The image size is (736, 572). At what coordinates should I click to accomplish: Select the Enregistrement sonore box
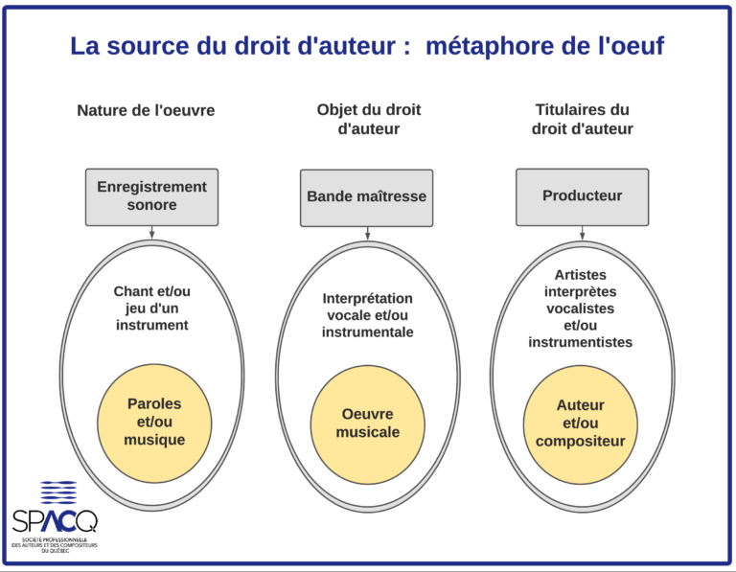151,197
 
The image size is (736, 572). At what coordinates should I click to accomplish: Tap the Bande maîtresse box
367,197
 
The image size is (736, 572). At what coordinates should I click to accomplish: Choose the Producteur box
582,197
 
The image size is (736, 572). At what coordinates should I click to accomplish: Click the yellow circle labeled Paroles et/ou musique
154,423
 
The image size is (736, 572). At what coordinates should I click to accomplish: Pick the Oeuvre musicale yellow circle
368,424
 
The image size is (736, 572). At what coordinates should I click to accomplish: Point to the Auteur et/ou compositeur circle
580,424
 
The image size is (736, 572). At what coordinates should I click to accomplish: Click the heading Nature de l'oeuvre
146,111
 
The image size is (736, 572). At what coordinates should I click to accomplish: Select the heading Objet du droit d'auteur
368,119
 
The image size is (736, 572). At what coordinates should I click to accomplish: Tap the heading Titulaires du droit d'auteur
582,119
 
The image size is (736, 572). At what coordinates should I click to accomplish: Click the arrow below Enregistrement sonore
151,232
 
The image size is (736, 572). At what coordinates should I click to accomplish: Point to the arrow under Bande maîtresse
368,233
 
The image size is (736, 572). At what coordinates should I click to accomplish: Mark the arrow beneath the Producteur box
582,233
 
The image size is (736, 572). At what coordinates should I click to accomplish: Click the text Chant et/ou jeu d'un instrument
152,309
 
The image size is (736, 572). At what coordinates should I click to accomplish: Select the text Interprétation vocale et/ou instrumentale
368,315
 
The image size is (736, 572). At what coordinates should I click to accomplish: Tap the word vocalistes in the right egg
580,309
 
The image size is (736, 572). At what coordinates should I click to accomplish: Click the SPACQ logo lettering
55,521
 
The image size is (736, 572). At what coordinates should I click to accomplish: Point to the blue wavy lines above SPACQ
58,492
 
